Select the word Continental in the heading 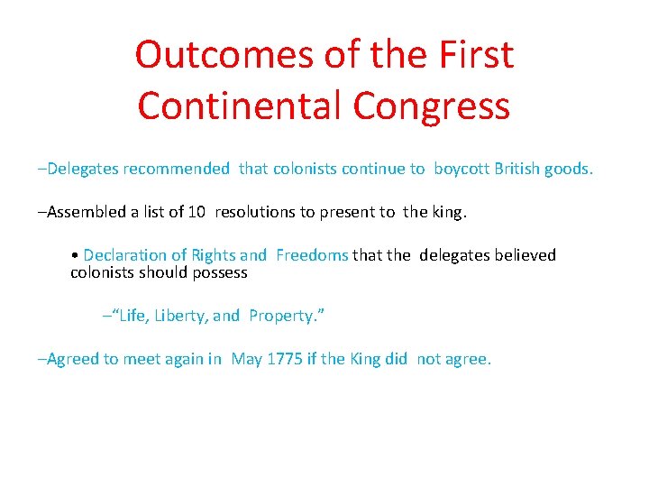(240, 106)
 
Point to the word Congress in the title (432, 107)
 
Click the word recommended (177, 169)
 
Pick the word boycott (462, 169)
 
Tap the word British (517, 169)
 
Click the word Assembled (87, 212)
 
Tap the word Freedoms (312, 255)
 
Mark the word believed (524, 255)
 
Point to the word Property (282, 317)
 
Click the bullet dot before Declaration (74, 256)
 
